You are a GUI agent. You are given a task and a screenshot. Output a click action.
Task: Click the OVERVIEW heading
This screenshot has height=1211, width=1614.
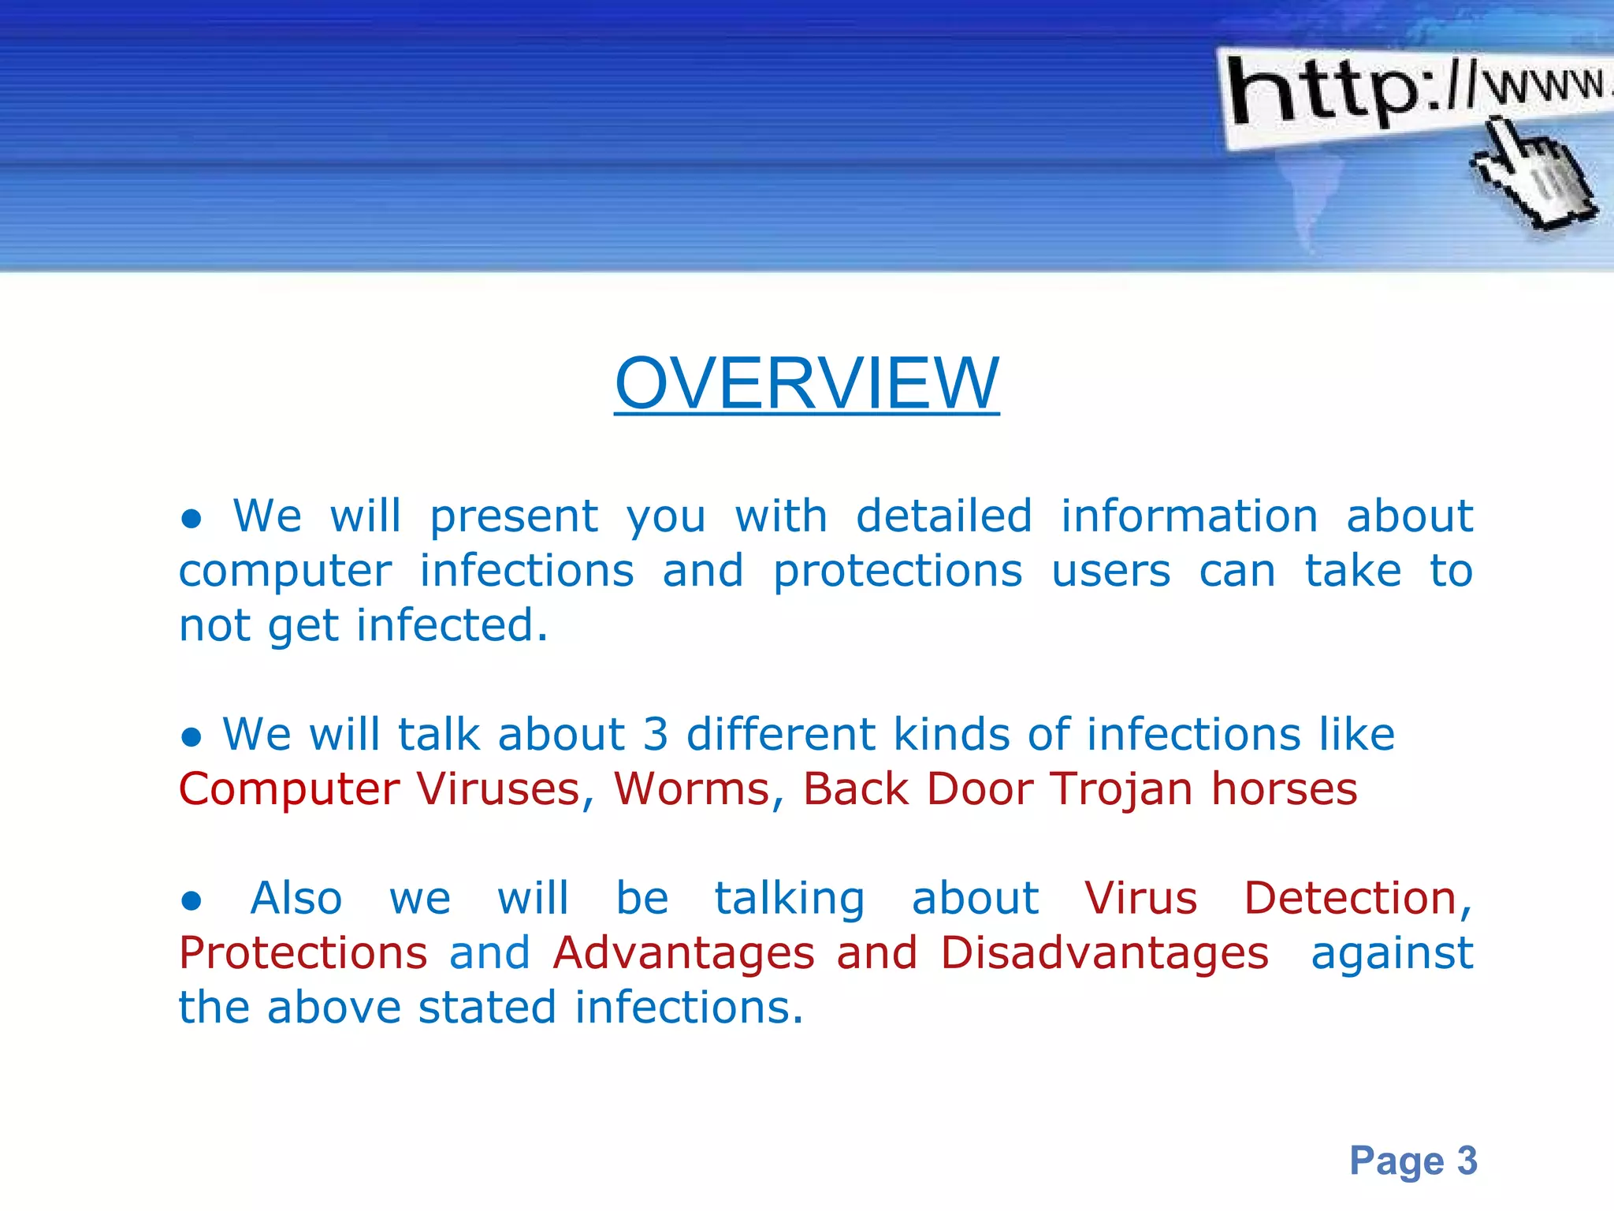point(806,383)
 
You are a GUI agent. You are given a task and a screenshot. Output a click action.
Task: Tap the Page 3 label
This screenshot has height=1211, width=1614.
point(1413,1161)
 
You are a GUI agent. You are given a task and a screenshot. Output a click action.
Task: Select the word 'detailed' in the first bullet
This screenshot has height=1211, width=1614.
point(943,516)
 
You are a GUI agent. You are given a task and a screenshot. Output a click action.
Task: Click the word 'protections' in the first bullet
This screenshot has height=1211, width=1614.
point(897,571)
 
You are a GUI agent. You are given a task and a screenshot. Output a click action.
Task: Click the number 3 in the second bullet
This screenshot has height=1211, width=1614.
point(655,735)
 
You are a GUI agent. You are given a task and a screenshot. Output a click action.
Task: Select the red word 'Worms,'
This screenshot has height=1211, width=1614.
point(698,789)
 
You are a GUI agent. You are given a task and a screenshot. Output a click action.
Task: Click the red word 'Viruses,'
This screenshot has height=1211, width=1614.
point(504,789)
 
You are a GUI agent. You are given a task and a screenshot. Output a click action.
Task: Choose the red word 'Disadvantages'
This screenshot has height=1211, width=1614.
point(1104,953)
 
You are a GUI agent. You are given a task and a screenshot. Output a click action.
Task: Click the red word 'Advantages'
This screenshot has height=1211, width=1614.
point(683,953)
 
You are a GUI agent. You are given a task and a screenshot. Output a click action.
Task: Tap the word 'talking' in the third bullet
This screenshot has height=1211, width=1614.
point(789,900)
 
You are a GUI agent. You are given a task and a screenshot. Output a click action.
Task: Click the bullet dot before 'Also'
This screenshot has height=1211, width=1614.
point(192,901)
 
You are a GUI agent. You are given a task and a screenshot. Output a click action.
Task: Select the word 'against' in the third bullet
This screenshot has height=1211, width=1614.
point(1391,953)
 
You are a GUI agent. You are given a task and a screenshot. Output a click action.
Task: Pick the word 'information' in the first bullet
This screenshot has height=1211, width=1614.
point(1188,516)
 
